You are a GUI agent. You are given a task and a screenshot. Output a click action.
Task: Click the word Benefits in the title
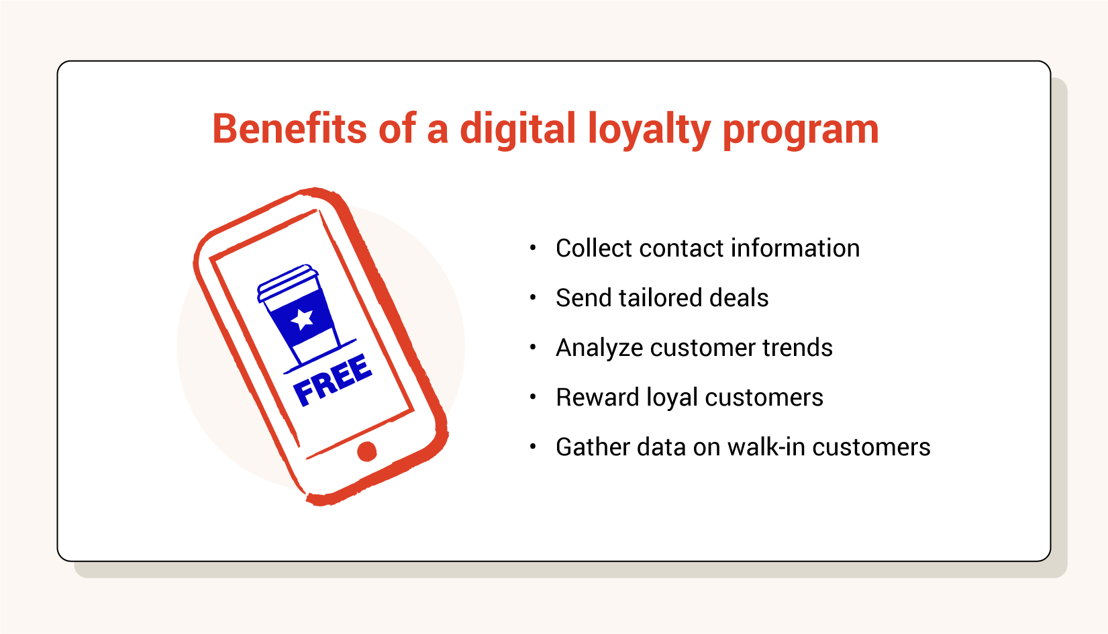click(x=289, y=129)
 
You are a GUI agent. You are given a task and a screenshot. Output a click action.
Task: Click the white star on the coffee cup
click(x=302, y=319)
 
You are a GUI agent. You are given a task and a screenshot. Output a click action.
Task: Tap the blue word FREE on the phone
click(x=332, y=380)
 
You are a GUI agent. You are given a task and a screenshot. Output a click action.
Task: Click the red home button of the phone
click(x=366, y=451)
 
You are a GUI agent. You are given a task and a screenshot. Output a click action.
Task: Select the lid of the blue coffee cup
click(x=287, y=283)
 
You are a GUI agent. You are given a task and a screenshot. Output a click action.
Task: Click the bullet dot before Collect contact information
click(x=533, y=247)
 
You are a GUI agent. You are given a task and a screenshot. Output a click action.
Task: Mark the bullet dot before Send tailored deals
click(x=533, y=298)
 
